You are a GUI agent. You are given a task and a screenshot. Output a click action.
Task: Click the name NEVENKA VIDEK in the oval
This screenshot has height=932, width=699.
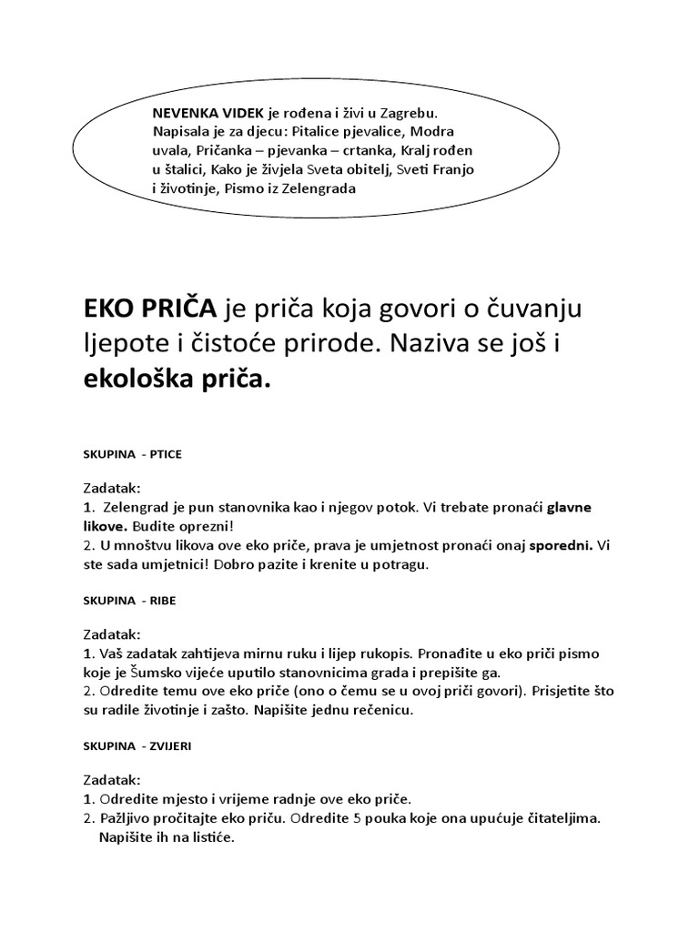click(208, 113)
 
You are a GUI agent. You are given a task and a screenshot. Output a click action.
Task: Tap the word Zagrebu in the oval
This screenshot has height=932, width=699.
click(406, 113)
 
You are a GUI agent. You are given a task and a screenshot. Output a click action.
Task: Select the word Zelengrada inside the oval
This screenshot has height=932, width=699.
click(313, 188)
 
